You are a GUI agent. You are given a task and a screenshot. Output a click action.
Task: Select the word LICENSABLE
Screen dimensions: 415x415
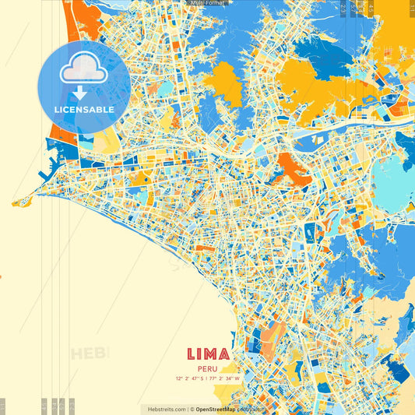pos(84,110)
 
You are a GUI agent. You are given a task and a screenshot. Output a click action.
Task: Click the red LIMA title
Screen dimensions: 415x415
pos(208,354)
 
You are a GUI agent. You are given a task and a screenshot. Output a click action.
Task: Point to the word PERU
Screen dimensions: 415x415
pos(208,369)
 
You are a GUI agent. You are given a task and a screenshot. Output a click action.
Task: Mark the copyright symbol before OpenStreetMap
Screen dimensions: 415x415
pos(192,409)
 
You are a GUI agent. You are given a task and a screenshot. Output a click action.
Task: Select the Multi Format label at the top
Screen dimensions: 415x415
pos(207,3)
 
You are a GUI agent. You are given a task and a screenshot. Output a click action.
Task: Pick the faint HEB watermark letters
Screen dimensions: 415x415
pos(90,353)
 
